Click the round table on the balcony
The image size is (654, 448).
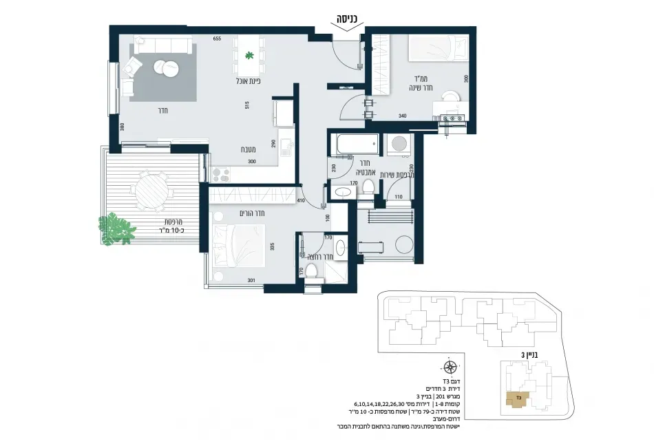(149, 191)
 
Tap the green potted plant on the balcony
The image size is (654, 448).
(116, 227)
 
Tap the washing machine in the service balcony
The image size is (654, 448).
(397, 143)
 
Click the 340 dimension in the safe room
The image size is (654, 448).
(403, 116)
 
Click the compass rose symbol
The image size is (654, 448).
(449, 366)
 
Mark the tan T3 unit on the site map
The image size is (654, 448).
(518, 399)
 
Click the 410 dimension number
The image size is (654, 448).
(300, 200)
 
